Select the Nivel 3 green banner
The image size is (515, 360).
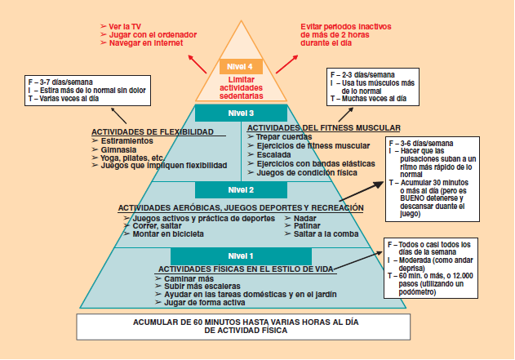tap(241, 113)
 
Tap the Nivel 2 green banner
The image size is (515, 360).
tap(241, 190)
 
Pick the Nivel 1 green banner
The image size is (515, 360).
tap(241, 256)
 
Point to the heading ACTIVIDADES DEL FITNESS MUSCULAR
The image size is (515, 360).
tap(323, 128)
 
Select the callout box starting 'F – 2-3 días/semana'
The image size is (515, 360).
tap(367, 86)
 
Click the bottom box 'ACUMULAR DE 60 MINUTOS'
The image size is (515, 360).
tap(242, 326)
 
